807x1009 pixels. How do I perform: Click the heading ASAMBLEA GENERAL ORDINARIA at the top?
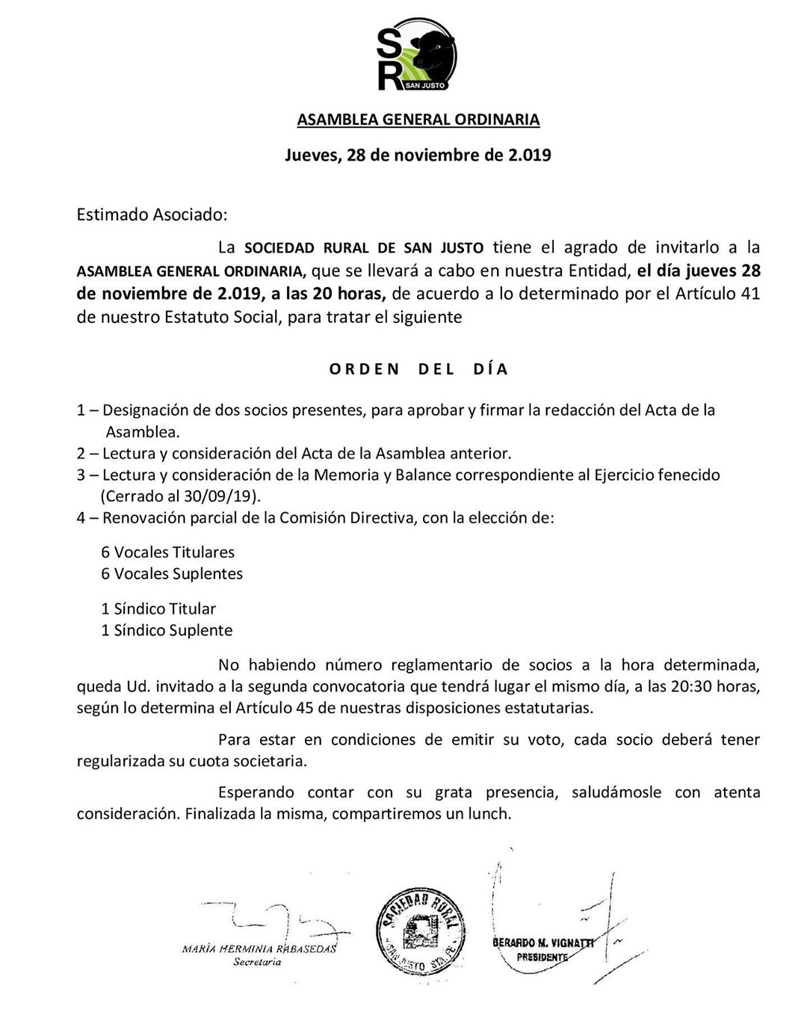[x=418, y=120]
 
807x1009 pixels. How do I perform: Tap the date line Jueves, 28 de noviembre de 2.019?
[x=418, y=155]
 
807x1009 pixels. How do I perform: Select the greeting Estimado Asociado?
[x=152, y=215]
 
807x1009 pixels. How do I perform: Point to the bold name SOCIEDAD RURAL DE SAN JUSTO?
[x=364, y=247]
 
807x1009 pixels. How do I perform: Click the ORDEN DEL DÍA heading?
[x=418, y=369]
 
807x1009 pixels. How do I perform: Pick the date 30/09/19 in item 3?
[x=223, y=496]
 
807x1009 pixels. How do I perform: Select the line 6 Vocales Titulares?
[x=168, y=552]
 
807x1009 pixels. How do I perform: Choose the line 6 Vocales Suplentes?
[x=172, y=574]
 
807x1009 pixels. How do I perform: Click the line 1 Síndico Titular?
[x=158, y=608]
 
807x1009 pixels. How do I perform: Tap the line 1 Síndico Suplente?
[x=167, y=630]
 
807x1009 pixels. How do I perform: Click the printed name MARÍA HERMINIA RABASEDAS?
[x=259, y=949]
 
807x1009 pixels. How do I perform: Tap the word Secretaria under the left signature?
[x=257, y=963]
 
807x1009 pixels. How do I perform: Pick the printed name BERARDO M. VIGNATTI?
[x=543, y=943]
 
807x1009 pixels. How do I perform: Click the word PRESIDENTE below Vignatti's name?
[x=542, y=957]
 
